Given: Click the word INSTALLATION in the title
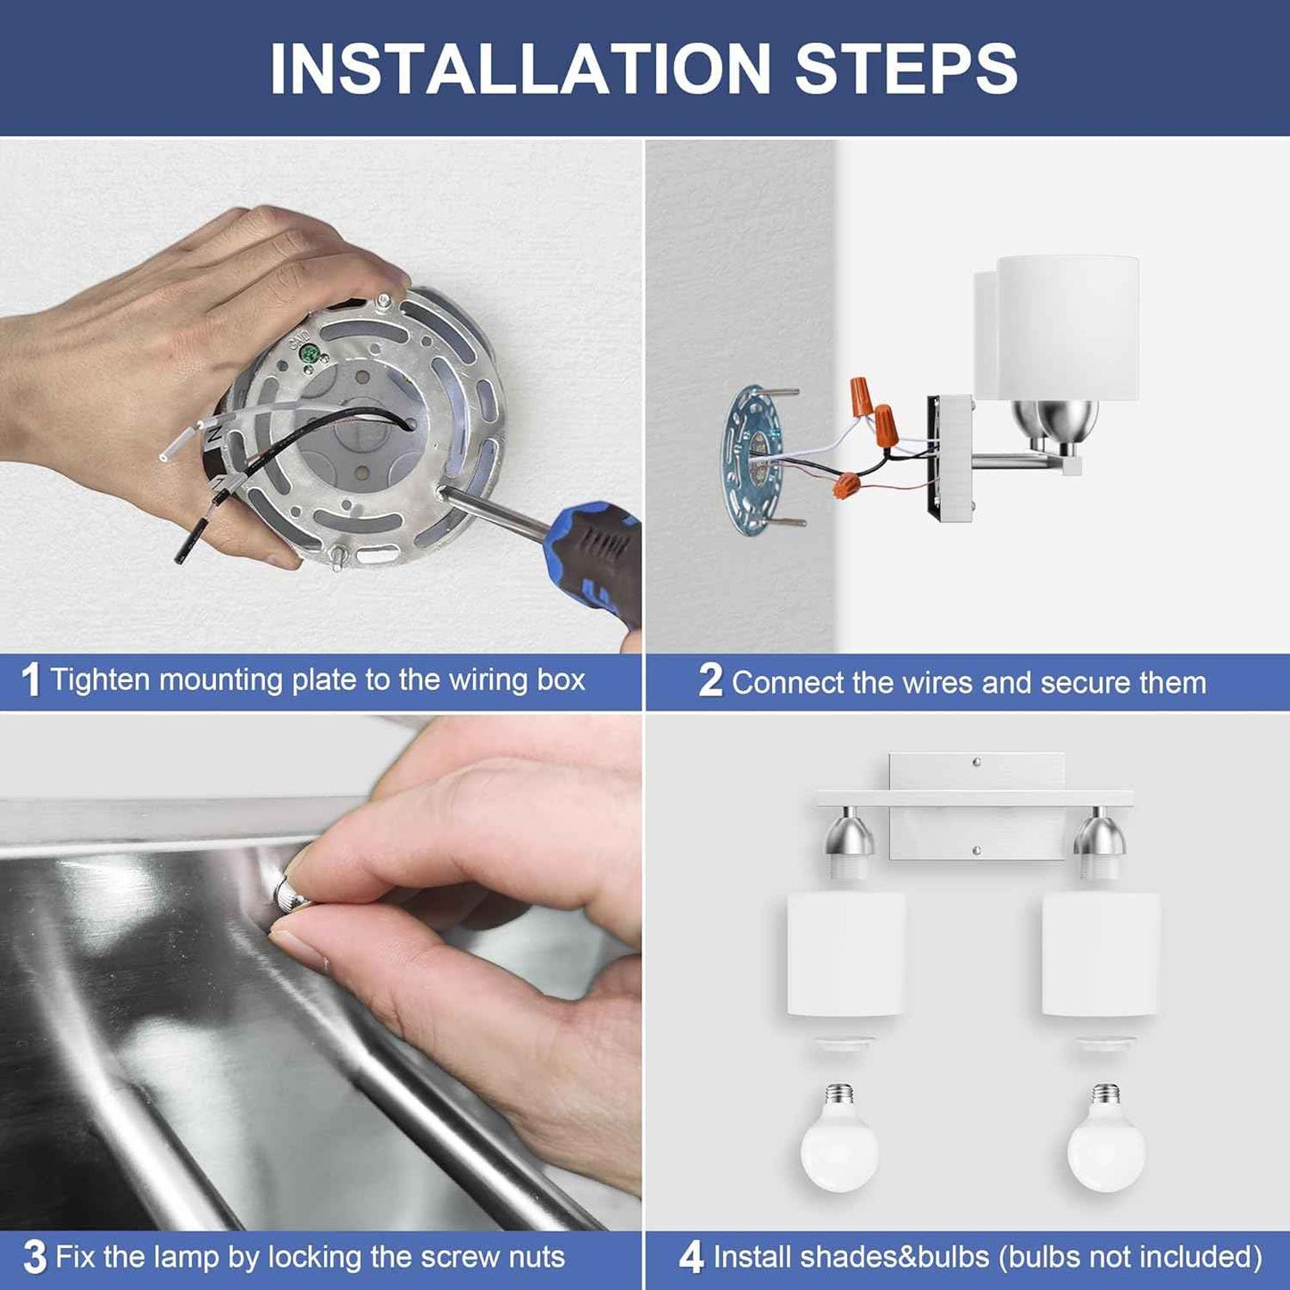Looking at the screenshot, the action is point(520,69).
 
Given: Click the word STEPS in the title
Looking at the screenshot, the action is point(906,69).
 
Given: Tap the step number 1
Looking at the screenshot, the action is point(30,681).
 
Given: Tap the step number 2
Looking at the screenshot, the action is point(711,681).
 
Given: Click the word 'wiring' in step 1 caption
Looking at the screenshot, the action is point(488,680).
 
